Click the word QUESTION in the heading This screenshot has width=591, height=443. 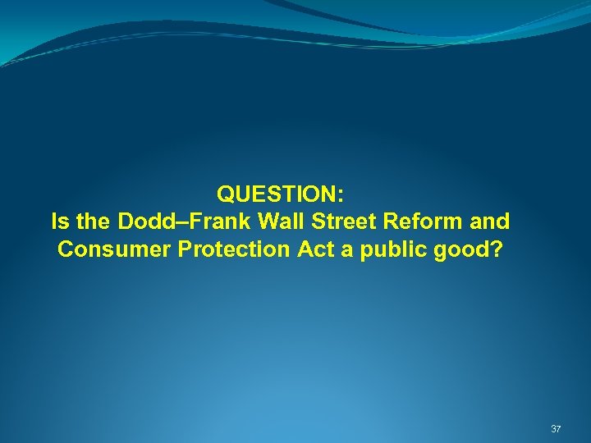point(277,194)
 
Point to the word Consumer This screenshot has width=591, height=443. point(114,249)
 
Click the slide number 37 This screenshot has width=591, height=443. point(556,429)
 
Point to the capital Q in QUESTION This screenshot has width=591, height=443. point(225,194)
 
